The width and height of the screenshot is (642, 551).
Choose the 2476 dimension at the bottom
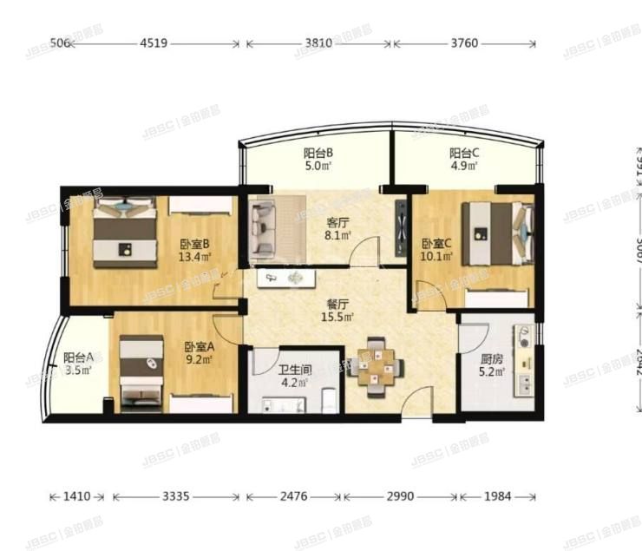click(x=294, y=497)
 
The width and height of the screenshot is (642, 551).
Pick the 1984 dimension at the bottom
click(x=497, y=497)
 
